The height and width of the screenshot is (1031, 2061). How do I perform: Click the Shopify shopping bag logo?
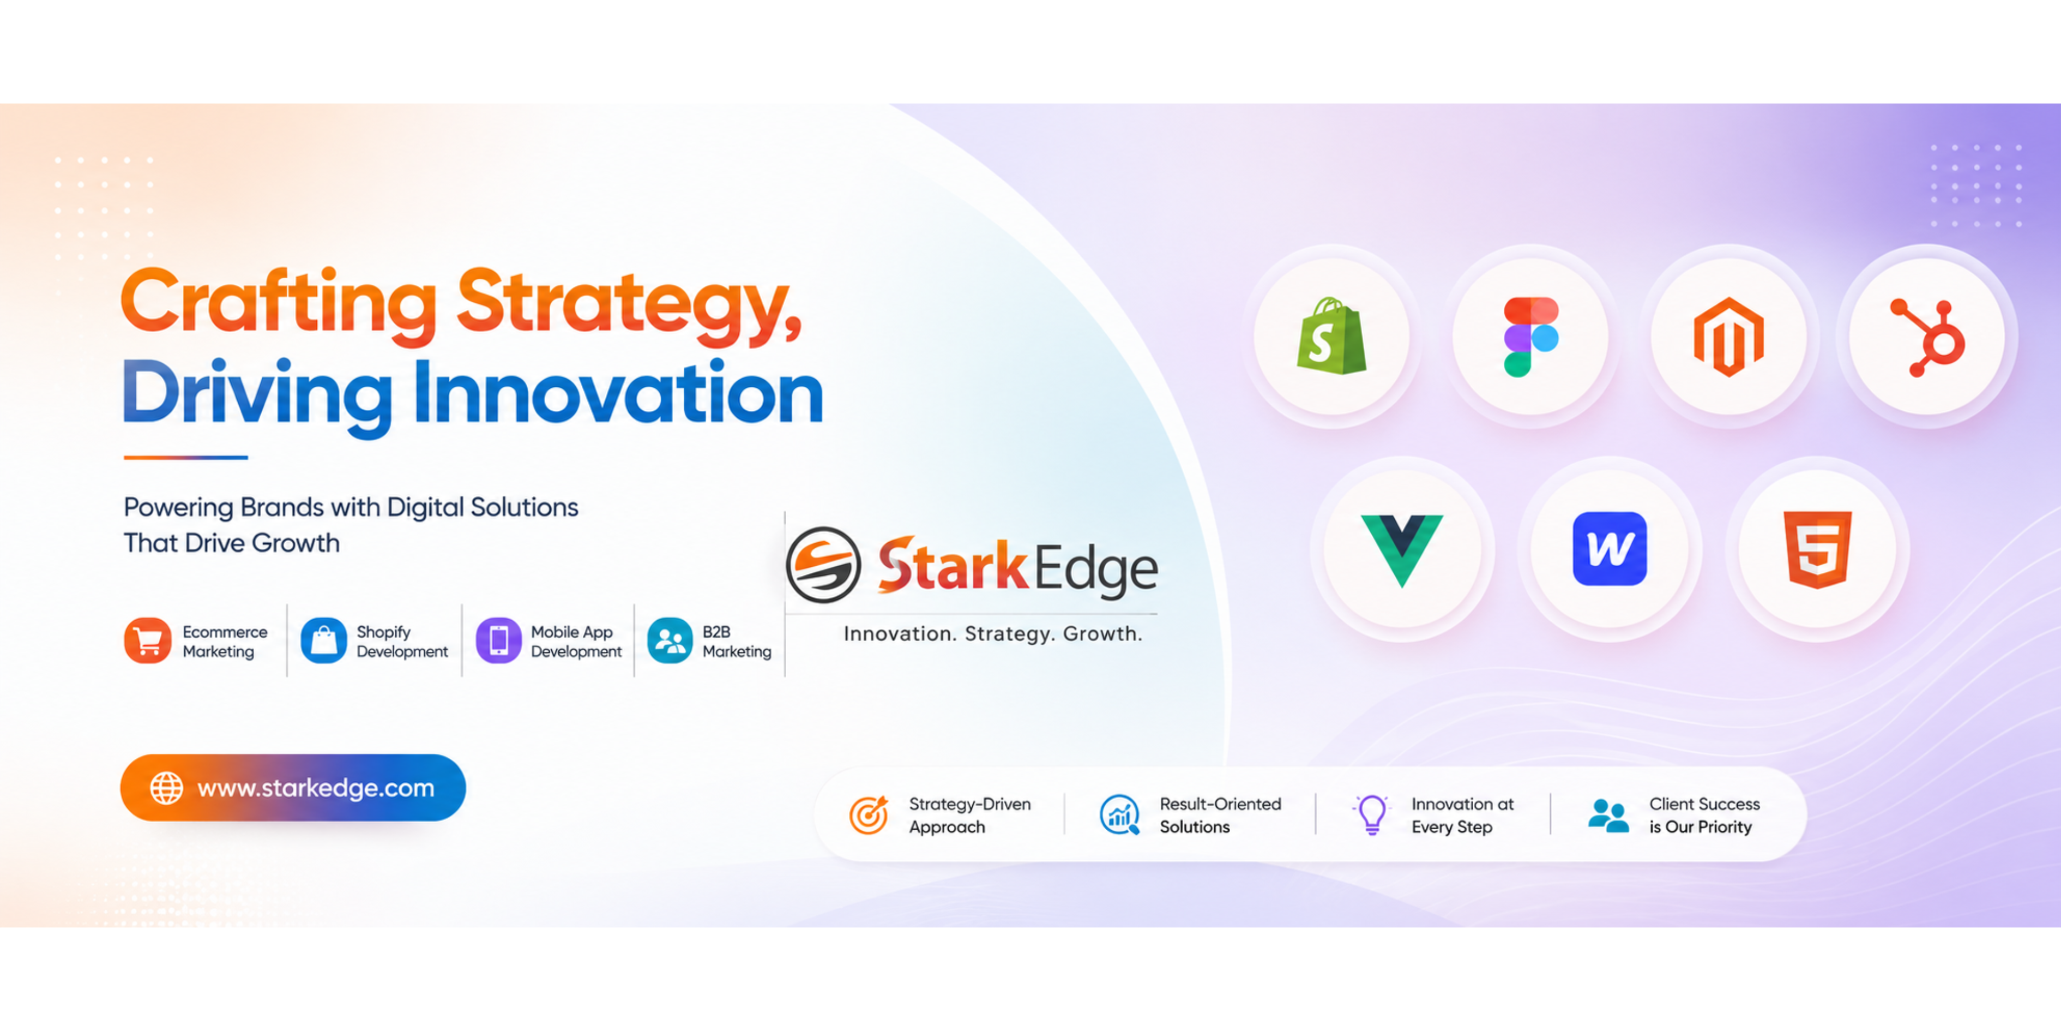click(1331, 336)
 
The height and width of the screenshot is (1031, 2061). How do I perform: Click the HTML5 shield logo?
click(1818, 550)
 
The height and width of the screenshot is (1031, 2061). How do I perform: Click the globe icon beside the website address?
click(166, 788)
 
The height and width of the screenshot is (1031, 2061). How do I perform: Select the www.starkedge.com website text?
click(316, 788)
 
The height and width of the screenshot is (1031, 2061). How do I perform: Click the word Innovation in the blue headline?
click(618, 392)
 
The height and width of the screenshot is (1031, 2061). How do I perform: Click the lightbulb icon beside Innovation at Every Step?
click(1371, 815)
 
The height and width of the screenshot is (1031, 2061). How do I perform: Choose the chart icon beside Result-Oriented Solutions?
click(1120, 815)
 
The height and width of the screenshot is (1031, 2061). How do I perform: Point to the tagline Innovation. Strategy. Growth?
click(993, 634)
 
